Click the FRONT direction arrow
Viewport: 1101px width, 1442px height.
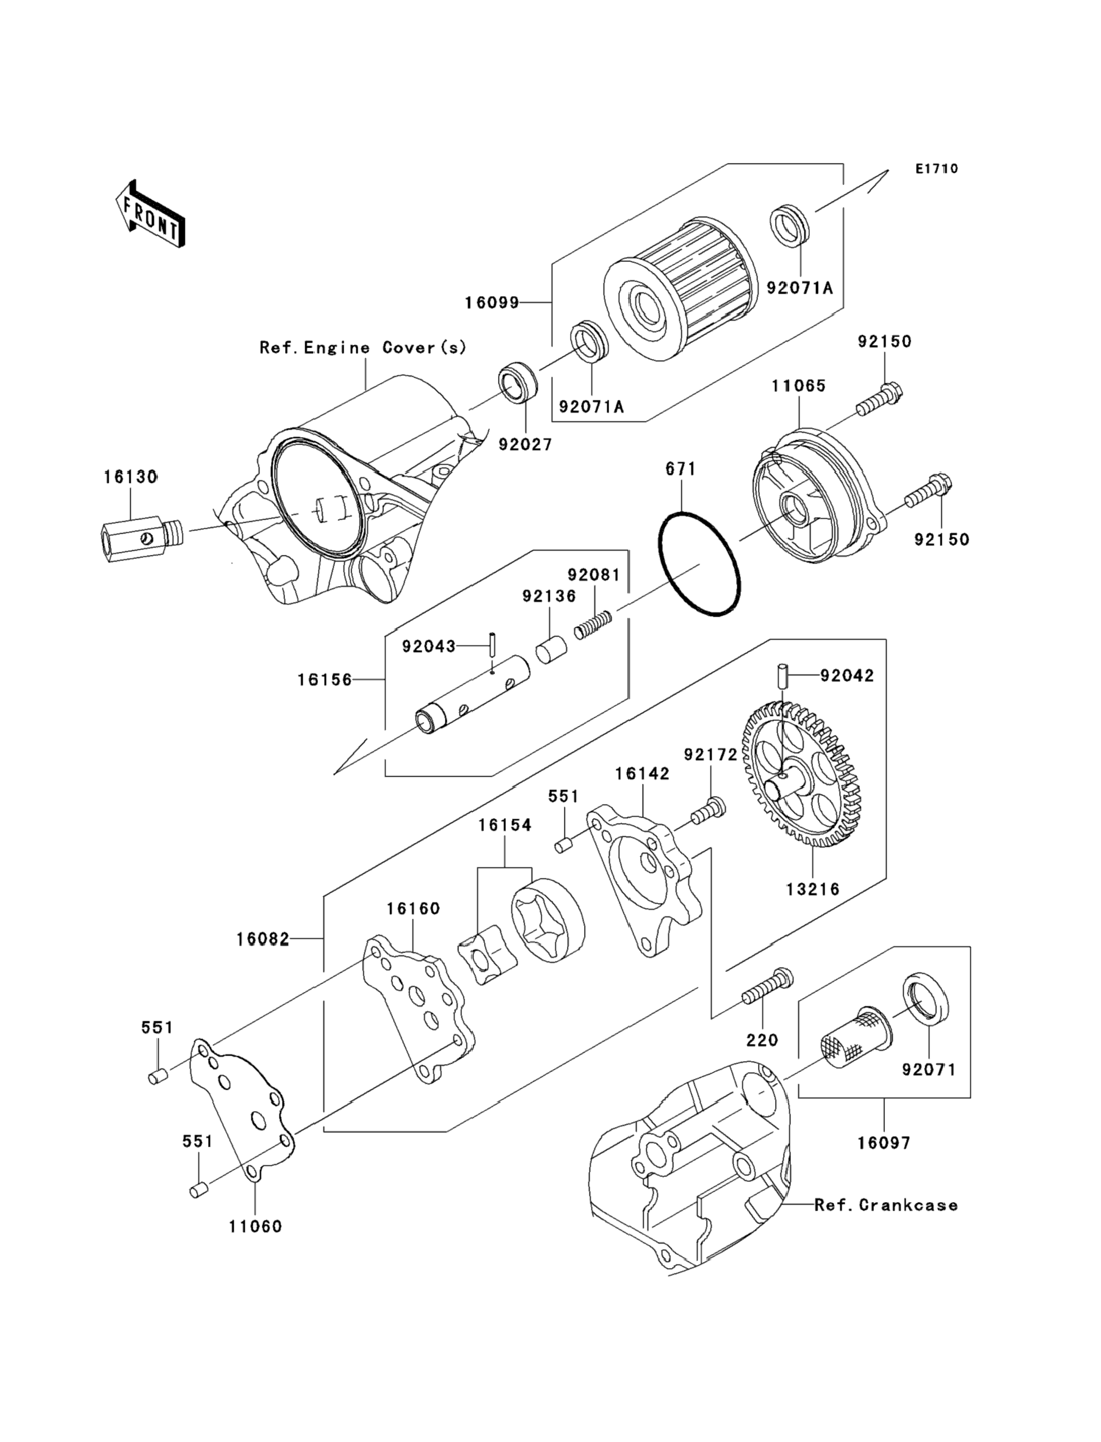[x=150, y=214]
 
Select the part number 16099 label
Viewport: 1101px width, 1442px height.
[x=491, y=303]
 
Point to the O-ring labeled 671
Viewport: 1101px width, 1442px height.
[x=699, y=563]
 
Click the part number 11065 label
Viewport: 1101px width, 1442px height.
[x=798, y=385]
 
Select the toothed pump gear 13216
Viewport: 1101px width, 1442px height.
[x=801, y=775]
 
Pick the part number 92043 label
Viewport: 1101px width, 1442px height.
[x=428, y=647]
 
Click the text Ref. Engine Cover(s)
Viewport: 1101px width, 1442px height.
[x=363, y=347]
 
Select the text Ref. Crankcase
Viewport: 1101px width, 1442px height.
[x=886, y=1205]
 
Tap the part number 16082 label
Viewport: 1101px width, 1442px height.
[x=263, y=940]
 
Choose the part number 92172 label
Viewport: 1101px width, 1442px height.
[x=710, y=755]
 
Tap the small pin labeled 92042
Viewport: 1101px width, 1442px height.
[x=782, y=676]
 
